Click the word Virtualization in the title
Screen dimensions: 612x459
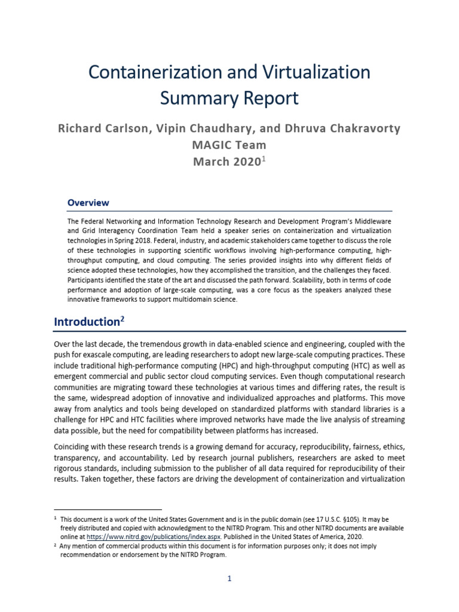313,72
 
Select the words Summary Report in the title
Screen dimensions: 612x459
229,99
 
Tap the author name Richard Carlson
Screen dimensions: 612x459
99,128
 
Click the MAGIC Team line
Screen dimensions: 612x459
229,145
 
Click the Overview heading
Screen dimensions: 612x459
88,203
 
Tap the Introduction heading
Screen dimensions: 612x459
87,322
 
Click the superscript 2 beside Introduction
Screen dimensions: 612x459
123,319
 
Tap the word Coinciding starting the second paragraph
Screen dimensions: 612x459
74,447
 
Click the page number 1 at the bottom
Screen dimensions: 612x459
229,579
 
